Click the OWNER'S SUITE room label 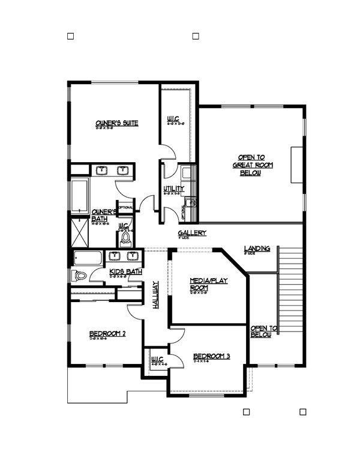[117, 124]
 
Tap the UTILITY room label [173, 190]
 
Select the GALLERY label [192, 233]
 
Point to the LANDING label [257, 249]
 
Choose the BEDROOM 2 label [107, 334]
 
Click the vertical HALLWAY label [155, 294]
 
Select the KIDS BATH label [125, 272]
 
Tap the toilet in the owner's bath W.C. [126, 240]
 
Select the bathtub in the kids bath [89, 259]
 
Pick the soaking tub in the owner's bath [79, 193]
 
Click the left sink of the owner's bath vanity [103, 171]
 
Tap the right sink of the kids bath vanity [132, 257]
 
